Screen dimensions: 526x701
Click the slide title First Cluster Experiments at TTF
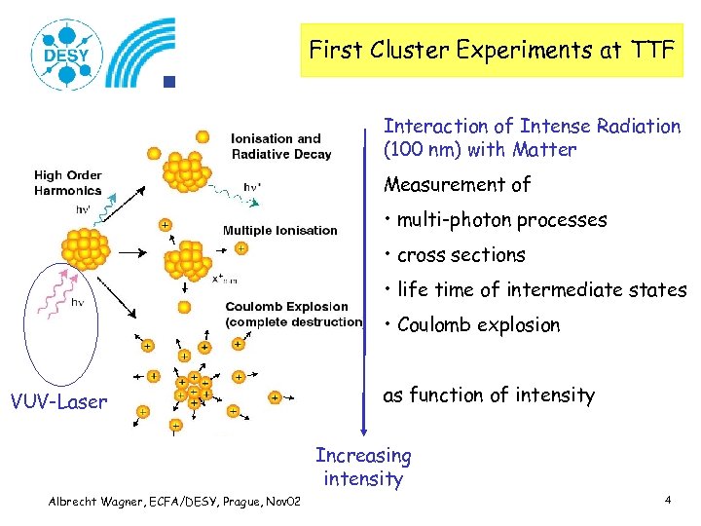[491, 51]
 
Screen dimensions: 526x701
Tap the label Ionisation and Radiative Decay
[280, 146]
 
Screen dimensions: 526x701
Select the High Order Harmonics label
[68, 183]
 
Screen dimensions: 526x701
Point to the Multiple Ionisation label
[279, 231]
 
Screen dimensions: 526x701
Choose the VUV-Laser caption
[58, 401]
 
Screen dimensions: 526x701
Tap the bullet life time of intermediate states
[535, 290]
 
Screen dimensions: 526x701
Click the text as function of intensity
[488, 394]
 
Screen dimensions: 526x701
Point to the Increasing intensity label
[363, 467]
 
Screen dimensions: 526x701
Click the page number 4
[668, 500]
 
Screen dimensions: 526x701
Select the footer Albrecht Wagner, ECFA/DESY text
[175, 501]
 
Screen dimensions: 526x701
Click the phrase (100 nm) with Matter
[480, 150]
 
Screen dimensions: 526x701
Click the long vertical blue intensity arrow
[364, 282]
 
